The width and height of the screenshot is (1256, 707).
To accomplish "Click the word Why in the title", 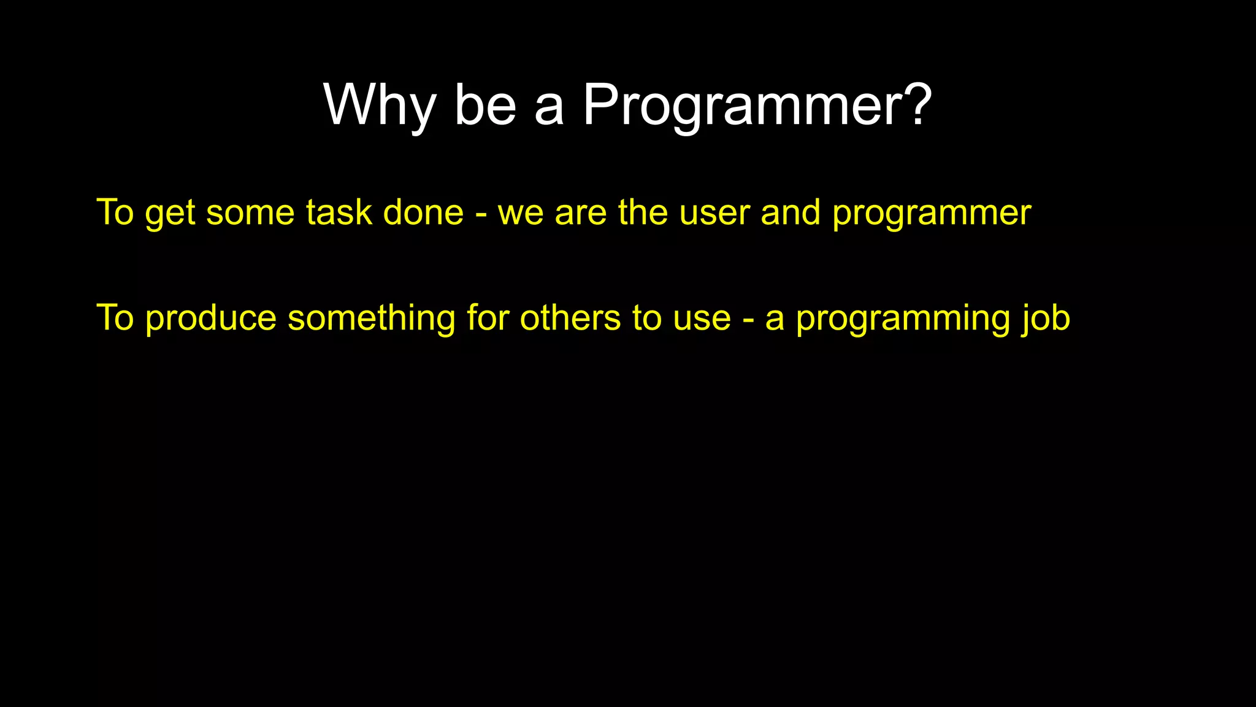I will pyautogui.click(x=379, y=106).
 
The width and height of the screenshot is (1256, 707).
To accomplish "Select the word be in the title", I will pyautogui.click(x=484, y=106).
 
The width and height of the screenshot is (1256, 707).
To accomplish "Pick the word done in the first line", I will pyautogui.click(x=423, y=213).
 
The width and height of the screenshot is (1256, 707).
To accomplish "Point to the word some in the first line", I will pyautogui.click(x=250, y=213).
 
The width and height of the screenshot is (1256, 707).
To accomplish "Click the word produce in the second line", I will pyautogui.click(x=211, y=319).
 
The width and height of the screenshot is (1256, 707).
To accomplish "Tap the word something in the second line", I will pyautogui.click(x=371, y=319).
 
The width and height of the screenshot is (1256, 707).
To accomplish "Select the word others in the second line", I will pyautogui.click(x=570, y=318).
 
